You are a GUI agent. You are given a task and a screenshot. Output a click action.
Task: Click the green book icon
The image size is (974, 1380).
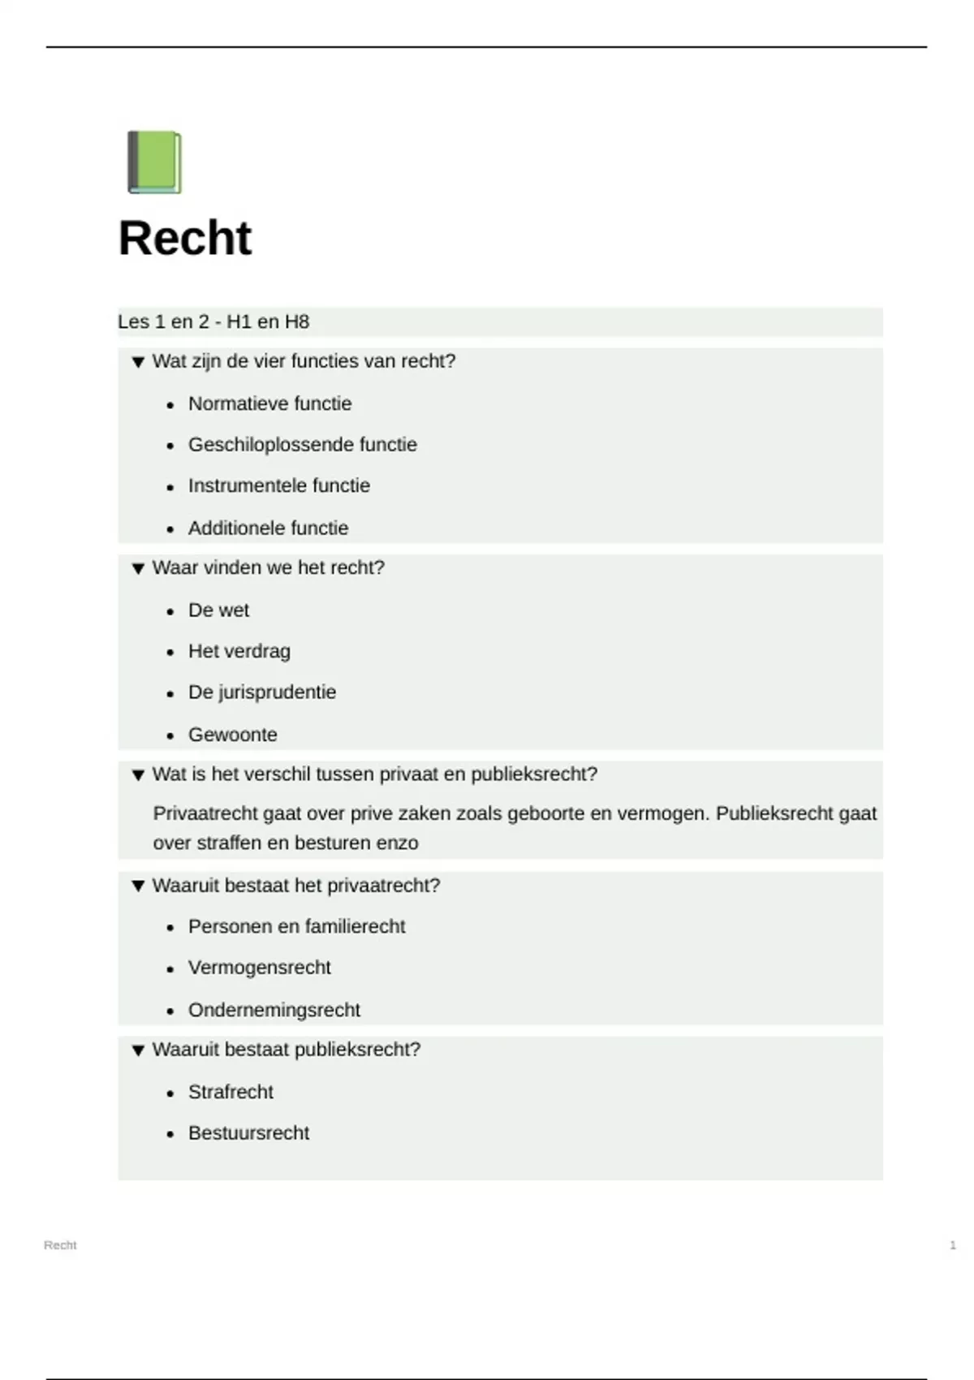(x=154, y=162)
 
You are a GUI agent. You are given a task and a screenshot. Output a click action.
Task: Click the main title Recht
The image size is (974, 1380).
(x=185, y=238)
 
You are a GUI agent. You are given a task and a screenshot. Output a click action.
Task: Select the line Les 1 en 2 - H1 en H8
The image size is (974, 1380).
(x=213, y=322)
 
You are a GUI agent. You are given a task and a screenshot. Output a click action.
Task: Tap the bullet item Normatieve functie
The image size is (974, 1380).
(x=269, y=403)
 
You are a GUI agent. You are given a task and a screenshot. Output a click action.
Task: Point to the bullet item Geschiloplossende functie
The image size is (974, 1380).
(x=302, y=445)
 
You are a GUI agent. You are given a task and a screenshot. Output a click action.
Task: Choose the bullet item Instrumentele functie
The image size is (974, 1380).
(x=278, y=485)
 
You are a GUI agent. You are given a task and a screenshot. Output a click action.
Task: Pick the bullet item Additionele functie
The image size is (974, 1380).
(x=268, y=528)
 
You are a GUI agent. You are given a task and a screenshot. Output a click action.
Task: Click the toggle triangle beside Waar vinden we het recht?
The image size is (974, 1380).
(x=138, y=568)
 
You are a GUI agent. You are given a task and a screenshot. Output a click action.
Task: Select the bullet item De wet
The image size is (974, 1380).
(x=218, y=610)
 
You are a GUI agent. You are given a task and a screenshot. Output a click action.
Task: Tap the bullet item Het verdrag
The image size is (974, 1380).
(x=239, y=651)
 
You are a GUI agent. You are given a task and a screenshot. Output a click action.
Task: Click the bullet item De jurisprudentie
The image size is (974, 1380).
(x=261, y=692)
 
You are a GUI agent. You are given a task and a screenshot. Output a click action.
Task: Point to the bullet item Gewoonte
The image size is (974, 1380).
(x=232, y=735)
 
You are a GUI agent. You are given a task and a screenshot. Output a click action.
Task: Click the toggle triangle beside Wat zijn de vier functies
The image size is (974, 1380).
(x=138, y=362)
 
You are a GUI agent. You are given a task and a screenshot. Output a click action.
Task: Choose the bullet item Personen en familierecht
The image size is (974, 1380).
(x=296, y=926)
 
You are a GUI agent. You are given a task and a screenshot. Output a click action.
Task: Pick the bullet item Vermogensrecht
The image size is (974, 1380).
(x=259, y=968)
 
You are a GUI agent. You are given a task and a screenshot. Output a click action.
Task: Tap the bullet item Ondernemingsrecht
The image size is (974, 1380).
(x=274, y=1010)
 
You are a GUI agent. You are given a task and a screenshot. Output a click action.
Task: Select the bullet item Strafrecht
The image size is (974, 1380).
(x=231, y=1092)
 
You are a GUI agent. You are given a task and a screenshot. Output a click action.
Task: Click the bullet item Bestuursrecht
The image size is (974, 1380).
(x=248, y=1133)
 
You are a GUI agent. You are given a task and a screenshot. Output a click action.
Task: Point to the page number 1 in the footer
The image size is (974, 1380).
(x=952, y=1245)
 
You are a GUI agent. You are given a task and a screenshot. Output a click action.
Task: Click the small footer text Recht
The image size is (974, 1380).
(x=60, y=1245)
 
